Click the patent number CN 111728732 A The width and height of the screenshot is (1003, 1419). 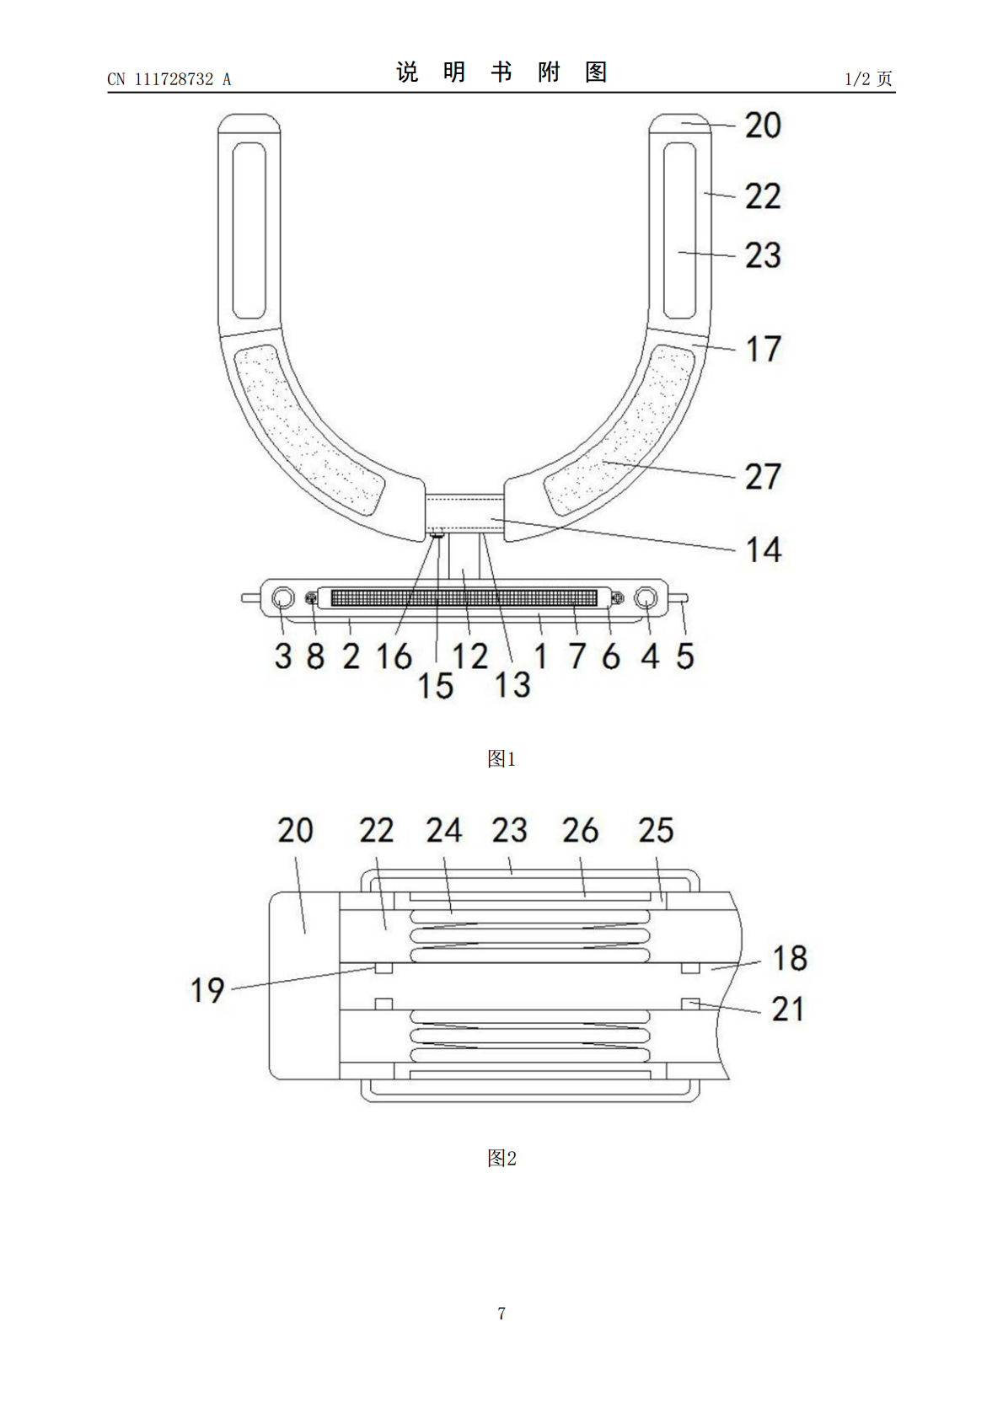pyautogui.click(x=169, y=79)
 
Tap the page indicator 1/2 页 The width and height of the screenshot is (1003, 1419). pyautogui.click(x=868, y=78)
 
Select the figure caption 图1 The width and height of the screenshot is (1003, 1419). pyautogui.click(x=501, y=758)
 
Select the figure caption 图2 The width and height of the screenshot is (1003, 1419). pyautogui.click(x=501, y=1158)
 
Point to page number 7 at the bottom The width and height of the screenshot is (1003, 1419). pyautogui.click(x=501, y=1313)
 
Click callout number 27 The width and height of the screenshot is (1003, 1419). pyautogui.click(x=763, y=477)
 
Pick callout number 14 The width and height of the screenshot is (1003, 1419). pyautogui.click(x=764, y=549)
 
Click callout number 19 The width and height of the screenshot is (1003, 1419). pyautogui.click(x=207, y=990)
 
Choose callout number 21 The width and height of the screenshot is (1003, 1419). pyautogui.click(x=787, y=1009)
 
